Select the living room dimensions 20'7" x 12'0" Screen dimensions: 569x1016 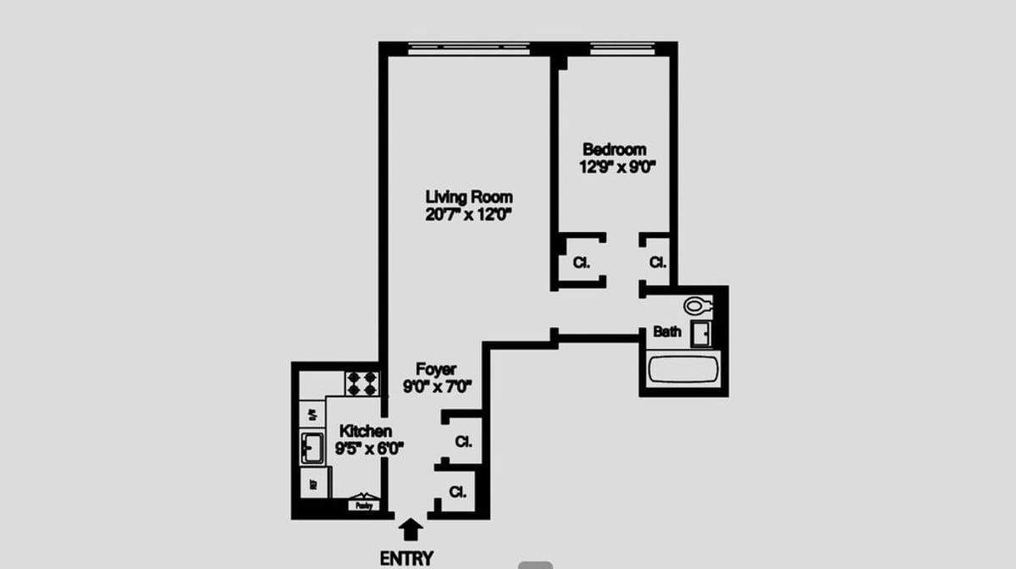pyautogui.click(x=468, y=215)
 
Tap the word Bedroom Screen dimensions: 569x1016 pyautogui.click(x=614, y=150)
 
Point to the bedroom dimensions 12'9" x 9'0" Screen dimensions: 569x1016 pyautogui.click(x=614, y=167)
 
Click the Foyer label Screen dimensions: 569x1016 pyautogui.click(x=436, y=370)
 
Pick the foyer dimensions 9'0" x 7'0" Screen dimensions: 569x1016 pyautogui.click(x=436, y=387)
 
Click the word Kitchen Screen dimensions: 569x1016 pyautogui.click(x=365, y=432)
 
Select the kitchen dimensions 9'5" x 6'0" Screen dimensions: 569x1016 pyautogui.click(x=369, y=449)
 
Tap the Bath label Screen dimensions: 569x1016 pyautogui.click(x=666, y=332)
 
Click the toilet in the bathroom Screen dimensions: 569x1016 pyautogui.click(x=699, y=305)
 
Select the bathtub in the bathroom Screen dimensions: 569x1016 pyautogui.click(x=682, y=371)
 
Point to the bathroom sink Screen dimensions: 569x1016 pyautogui.click(x=701, y=334)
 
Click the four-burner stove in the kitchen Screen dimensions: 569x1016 pyautogui.click(x=362, y=383)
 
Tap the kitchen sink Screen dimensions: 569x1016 pyautogui.click(x=312, y=448)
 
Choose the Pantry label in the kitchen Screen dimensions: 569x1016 pyautogui.click(x=364, y=505)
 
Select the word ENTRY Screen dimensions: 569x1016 pyautogui.click(x=406, y=559)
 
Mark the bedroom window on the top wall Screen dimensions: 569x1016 pyautogui.click(x=623, y=49)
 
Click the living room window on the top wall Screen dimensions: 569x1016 pyautogui.click(x=468, y=49)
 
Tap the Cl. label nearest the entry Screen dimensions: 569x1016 pyautogui.click(x=457, y=492)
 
